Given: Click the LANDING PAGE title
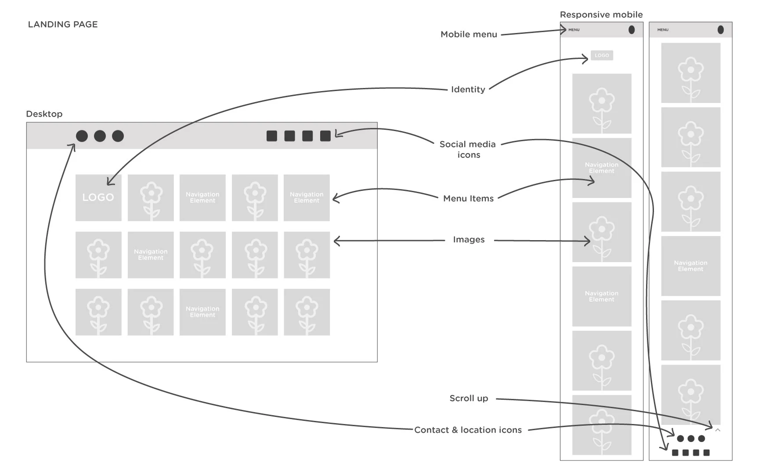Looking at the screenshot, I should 63,25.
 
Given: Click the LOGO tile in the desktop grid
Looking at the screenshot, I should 98,197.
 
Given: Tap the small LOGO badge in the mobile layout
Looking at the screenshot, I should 602,55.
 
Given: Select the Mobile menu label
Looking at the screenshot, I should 469,34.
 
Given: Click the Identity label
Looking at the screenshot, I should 468,89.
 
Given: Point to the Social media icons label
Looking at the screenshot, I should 468,150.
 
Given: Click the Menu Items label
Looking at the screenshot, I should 468,198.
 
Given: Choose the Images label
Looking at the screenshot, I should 469,240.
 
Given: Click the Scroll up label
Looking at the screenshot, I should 469,398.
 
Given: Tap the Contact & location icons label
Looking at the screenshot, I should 468,430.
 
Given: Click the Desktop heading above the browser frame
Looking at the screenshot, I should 44,114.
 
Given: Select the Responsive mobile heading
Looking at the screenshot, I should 601,15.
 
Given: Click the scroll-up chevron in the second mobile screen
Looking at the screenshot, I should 718,430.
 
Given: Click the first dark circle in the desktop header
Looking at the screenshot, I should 82,136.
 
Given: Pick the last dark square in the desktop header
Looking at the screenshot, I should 325,136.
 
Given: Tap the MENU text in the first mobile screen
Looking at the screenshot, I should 574,30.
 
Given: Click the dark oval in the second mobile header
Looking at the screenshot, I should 721,29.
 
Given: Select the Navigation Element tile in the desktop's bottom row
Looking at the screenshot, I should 202,312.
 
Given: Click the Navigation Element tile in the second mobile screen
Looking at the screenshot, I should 690,266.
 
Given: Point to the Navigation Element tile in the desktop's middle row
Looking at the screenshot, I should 151,255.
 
